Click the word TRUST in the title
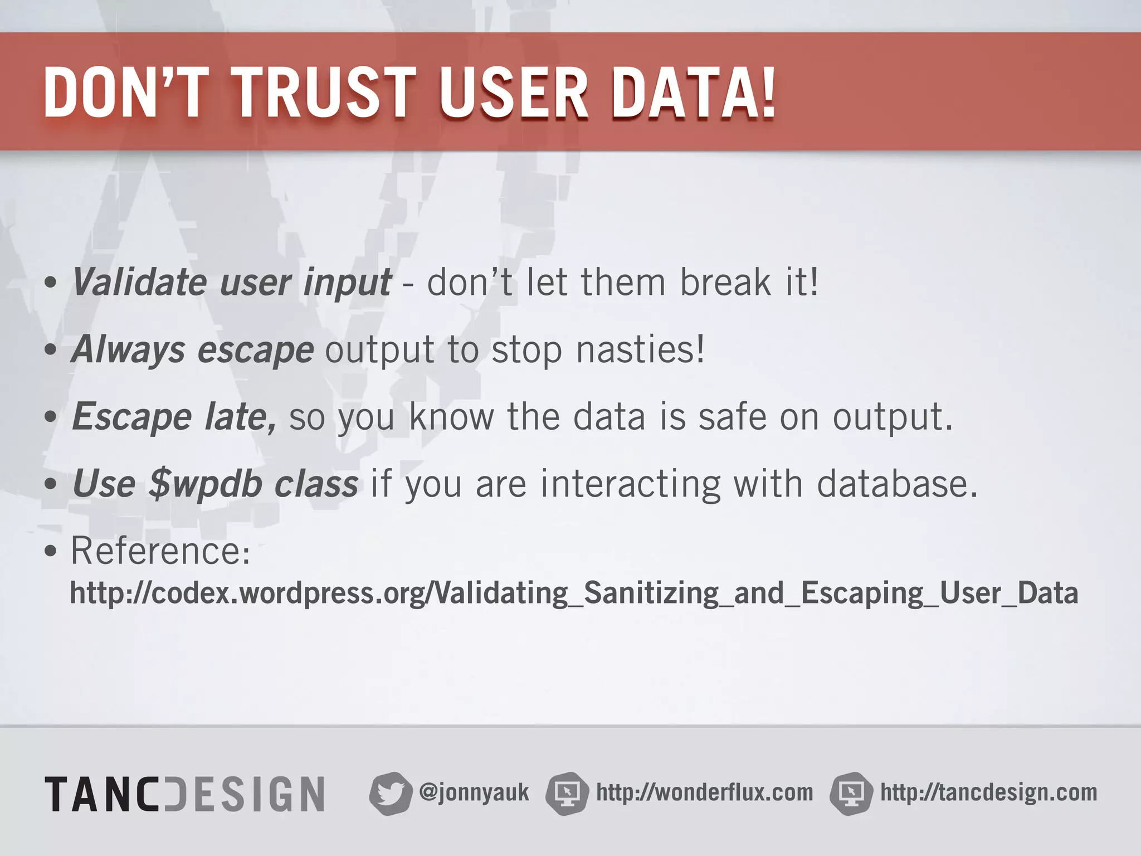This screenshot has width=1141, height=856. [x=326, y=93]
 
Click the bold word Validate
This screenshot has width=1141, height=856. [x=139, y=282]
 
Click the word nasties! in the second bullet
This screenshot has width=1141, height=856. [x=640, y=349]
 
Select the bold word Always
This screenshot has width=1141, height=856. [x=128, y=349]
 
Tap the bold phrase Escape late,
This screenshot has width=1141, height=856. [x=173, y=417]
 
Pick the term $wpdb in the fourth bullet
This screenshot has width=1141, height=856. [x=206, y=484]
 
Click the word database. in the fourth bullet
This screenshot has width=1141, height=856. [x=897, y=484]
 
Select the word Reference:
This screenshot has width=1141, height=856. [x=160, y=551]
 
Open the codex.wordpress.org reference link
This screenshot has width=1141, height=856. [x=574, y=593]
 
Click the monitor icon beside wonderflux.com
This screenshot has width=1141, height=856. [x=567, y=794]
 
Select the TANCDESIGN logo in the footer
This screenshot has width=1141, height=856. [x=184, y=794]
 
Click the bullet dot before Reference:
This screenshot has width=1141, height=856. [x=51, y=552]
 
